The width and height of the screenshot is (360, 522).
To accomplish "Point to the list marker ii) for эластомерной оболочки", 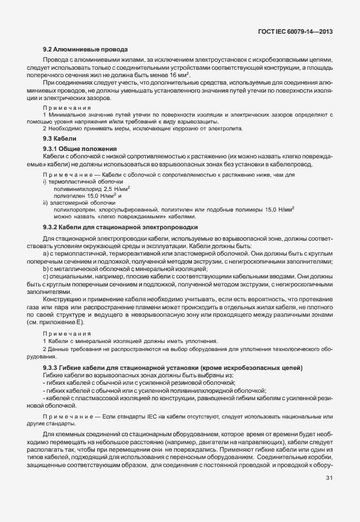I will (x=46, y=202).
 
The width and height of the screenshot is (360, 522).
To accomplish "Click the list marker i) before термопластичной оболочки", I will (x=45, y=181).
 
